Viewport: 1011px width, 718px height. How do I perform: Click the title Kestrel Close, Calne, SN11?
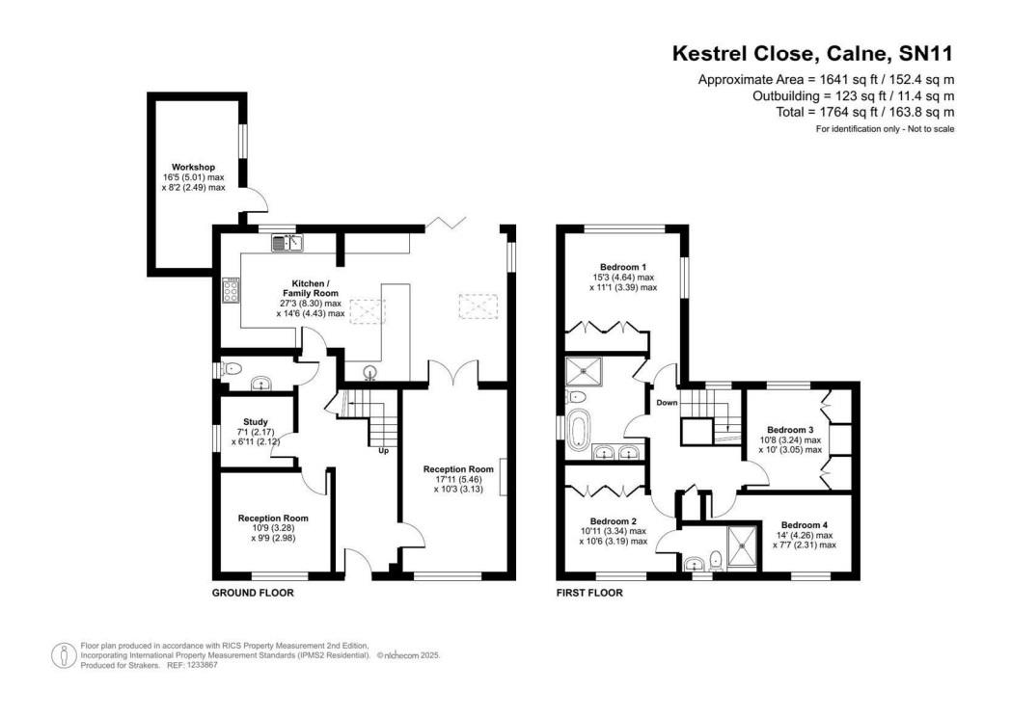click(x=812, y=54)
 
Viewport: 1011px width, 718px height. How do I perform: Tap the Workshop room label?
click(x=194, y=167)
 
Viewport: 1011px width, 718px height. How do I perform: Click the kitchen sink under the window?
click(x=287, y=243)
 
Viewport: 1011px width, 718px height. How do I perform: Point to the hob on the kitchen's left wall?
click(x=232, y=290)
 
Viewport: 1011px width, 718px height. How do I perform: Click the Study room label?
click(x=255, y=421)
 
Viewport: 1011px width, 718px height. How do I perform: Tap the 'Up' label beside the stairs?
click(x=383, y=450)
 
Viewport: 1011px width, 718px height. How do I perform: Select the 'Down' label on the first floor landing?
click(x=667, y=402)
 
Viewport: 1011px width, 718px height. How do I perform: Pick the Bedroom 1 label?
click(x=623, y=267)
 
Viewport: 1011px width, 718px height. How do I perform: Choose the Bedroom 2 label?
click(x=614, y=521)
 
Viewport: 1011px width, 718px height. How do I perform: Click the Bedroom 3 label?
click(x=790, y=430)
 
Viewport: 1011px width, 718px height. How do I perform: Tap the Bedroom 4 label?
click(x=804, y=526)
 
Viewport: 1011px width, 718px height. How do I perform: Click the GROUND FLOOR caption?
click(x=253, y=593)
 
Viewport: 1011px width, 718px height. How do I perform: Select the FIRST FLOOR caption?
click(x=589, y=593)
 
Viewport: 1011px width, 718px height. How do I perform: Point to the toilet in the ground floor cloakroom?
click(x=231, y=368)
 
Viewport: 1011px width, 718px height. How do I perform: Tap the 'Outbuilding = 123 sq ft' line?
click(x=853, y=96)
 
